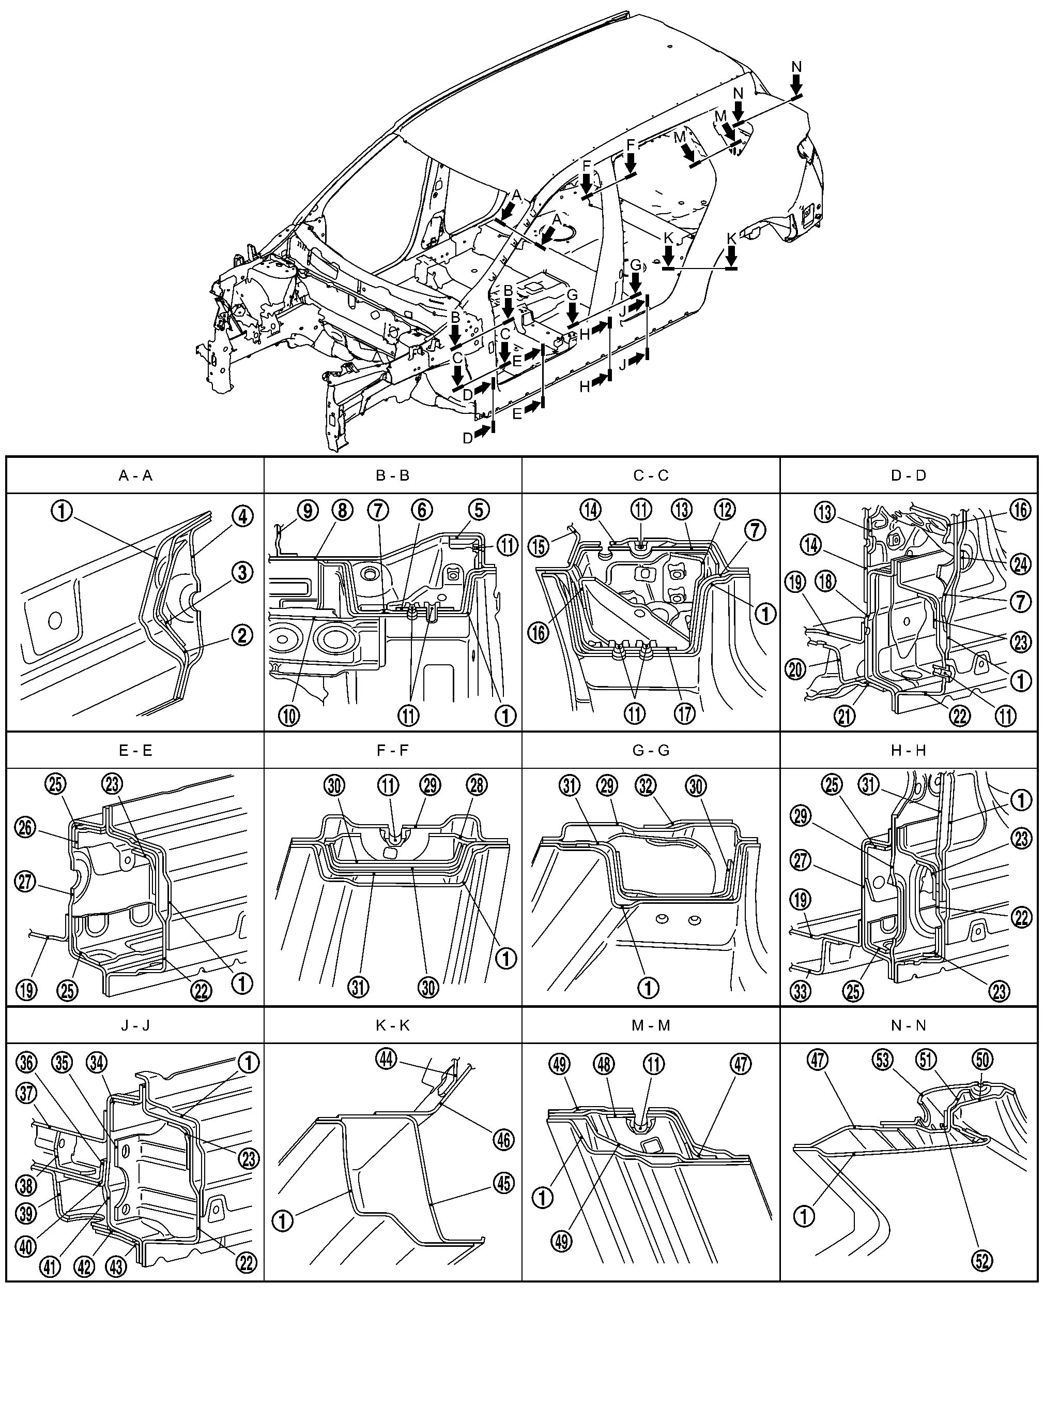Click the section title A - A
pos(135,475)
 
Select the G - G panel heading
pos(650,751)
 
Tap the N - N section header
pos(908,1025)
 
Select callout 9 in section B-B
pos(307,510)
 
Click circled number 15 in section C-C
pos(539,546)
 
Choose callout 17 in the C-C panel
pos(684,714)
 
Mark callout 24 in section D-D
pos(1021,563)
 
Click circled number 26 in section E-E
pos(25,828)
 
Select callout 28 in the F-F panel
pos(477,785)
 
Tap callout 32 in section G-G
pos(647,785)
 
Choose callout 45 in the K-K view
pos(504,1183)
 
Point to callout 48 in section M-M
pos(604,1064)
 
